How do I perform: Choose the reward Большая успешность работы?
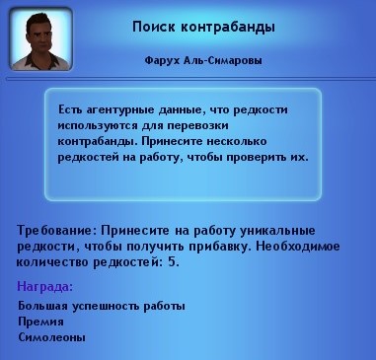pyautogui.click(x=102, y=306)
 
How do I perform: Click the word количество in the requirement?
pyautogui.click(x=53, y=264)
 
